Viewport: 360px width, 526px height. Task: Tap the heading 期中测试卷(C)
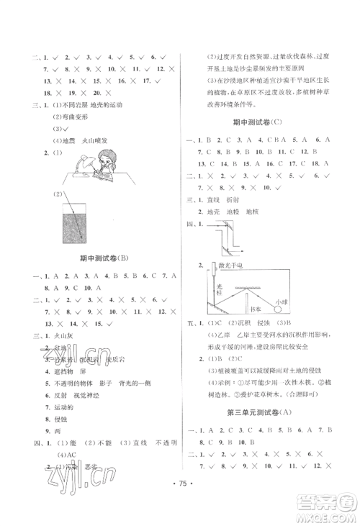click(270, 122)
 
